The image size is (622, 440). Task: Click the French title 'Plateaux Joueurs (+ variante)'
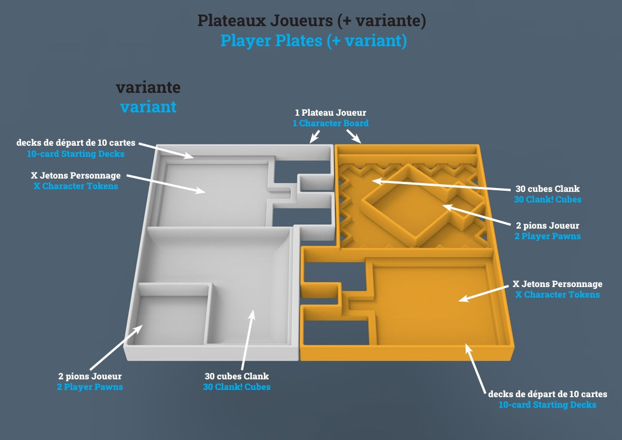(x=312, y=21)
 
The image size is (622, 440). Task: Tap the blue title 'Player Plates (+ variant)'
(x=313, y=41)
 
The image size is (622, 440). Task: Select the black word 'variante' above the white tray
(x=148, y=87)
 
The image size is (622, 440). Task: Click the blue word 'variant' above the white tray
(x=148, y=106)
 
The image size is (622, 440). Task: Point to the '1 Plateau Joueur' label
(x=330, y=113)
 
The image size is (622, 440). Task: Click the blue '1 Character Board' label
(x=330, y=123)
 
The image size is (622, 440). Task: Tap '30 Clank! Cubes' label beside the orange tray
(x=546, y=199)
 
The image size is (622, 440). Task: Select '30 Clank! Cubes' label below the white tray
(x=236, y=387)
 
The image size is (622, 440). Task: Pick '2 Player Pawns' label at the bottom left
(x=90, y=387)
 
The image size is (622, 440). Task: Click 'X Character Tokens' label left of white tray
(x=76, y=186)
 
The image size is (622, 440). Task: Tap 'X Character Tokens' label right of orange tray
(x=557, y=294)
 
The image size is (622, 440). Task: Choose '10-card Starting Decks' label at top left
(x=76, y=154)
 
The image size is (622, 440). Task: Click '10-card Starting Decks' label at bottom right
(x=547, y=404)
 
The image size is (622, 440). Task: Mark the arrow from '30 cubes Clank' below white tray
(x=247, y=340)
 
